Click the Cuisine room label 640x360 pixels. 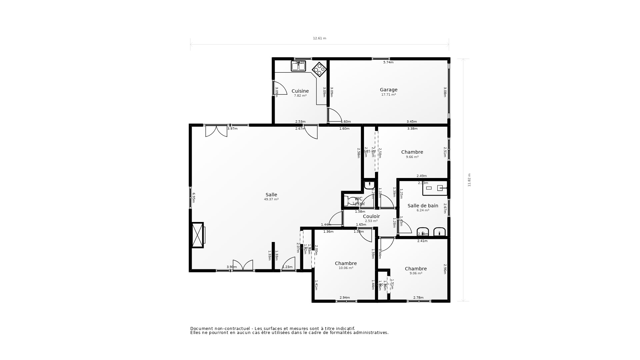tap(300, 91)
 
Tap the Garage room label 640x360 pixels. tap(389, 90)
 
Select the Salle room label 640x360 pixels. tap(271, 195)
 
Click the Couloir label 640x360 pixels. tap(371, 216)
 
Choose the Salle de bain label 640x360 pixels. tap(423, 206)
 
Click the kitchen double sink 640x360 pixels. tap(298, 66)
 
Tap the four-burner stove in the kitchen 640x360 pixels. tap(319, 69)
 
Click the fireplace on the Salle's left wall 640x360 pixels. tap(198, 235)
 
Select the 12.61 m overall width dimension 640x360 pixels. tap(319, 38)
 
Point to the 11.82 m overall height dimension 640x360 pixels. tap(469, 180)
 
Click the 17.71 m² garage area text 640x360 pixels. tap(389, 95)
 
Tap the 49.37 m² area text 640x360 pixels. tap(271, 199)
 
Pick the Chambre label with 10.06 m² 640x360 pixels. tap(346, 263)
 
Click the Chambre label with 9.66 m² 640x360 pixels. tap(412, 152)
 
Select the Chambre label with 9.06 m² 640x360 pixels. tap(416, 269)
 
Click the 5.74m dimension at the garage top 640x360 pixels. tap(388, 62)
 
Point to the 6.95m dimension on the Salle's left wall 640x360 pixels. tap(194, 198)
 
